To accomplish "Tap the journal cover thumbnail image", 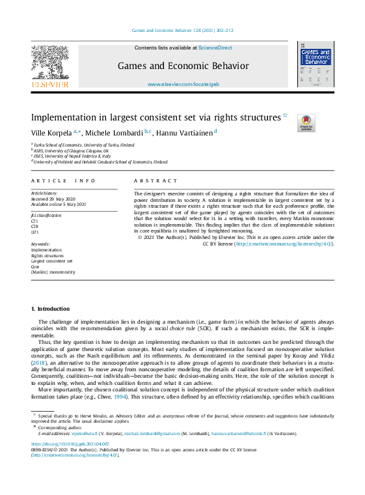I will [x=315, y=64].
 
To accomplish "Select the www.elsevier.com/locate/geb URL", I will [x=183, y=85].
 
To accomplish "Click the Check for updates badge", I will [x=306, y=123].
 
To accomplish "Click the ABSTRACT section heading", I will [x=155, y=180].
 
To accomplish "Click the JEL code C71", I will [x=34, y=221].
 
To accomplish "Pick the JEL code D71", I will [x=34, y=231].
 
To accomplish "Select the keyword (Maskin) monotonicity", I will [x=53, y=272].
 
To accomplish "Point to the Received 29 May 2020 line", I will [x=53, y=199].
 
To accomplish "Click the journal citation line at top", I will [x=182, y=31].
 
